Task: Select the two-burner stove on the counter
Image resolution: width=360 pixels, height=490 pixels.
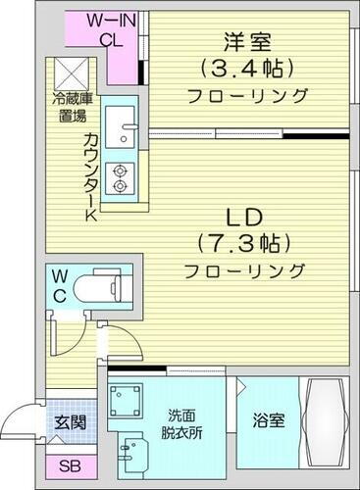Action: coord(123,177)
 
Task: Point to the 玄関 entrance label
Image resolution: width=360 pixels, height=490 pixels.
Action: coord(68,422)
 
